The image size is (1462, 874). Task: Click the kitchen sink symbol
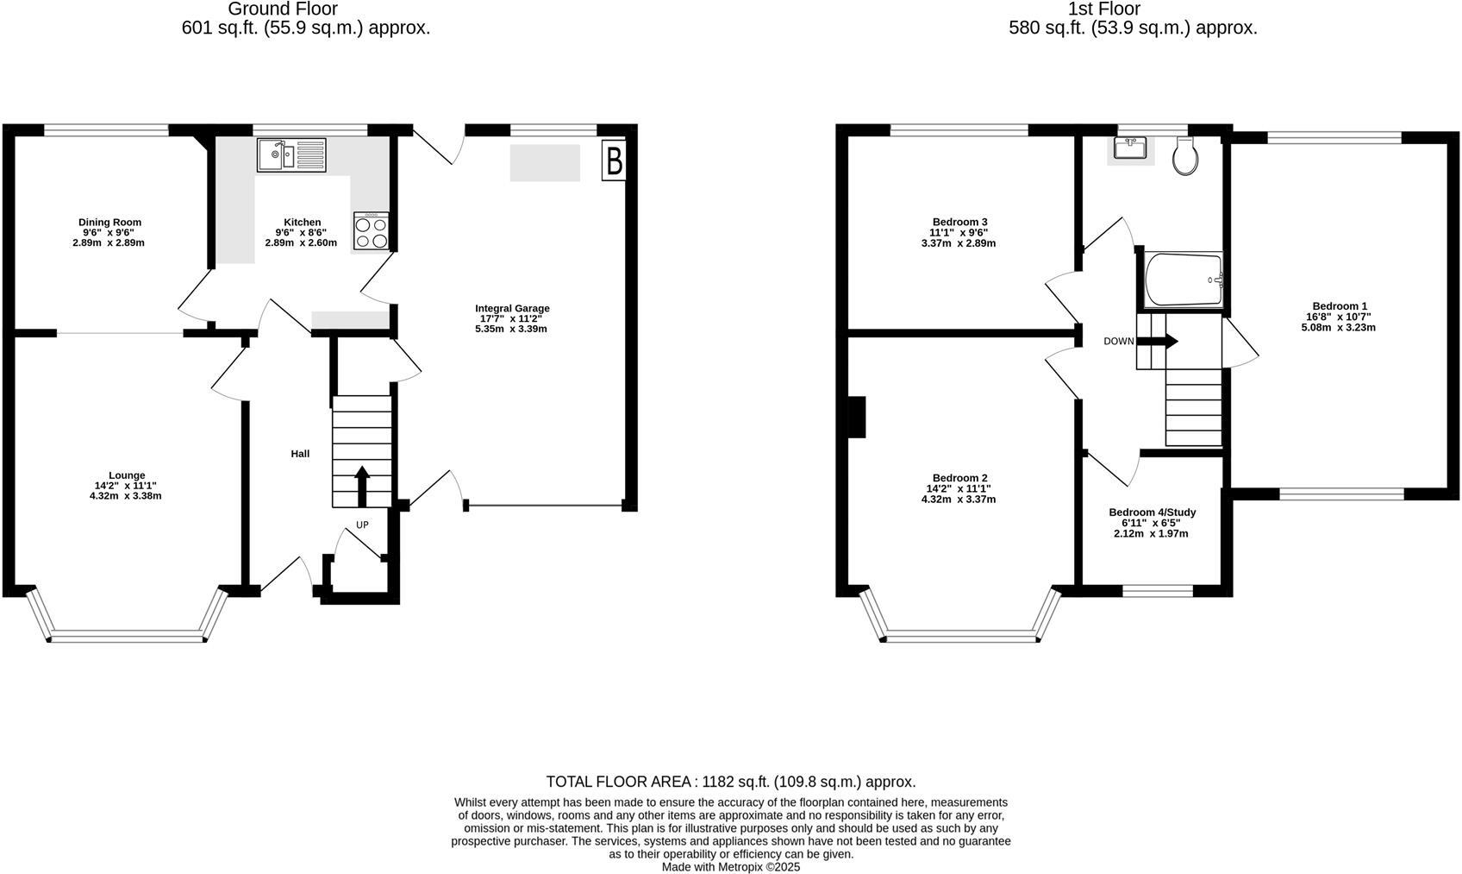click(291, 155)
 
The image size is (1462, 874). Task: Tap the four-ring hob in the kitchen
click(371, 231)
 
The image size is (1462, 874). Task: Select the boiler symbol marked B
click(614, 160)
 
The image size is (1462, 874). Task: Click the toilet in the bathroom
click(1186, 156)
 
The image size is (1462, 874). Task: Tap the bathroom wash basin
click(1129, 148)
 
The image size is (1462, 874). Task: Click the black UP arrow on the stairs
click(362, 486)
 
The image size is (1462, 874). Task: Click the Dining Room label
click(109, 223)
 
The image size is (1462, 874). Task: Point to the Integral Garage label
click(512, 309)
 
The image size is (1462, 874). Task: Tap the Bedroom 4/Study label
click(1152, 512)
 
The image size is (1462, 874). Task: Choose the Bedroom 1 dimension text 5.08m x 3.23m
click(1338, 328)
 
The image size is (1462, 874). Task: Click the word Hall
click(300, 454)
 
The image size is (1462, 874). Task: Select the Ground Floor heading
click(283, 9)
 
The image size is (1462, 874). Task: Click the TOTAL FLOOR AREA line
click(731, 782)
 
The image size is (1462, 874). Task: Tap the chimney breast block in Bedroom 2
click(856, 417)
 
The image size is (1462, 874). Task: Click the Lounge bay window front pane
click(128, 638)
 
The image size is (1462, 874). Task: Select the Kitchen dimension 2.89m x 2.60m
click(301, 243)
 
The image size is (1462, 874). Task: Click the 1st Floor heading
click(1103, 9)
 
